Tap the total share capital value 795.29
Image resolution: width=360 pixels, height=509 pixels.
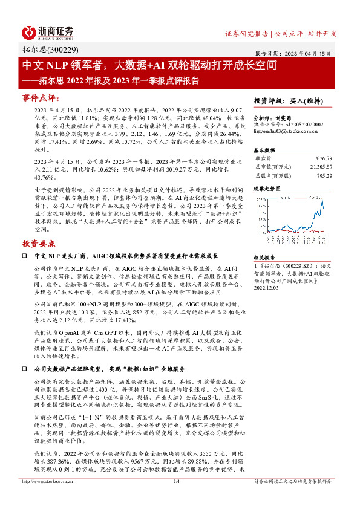pos(323,176)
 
